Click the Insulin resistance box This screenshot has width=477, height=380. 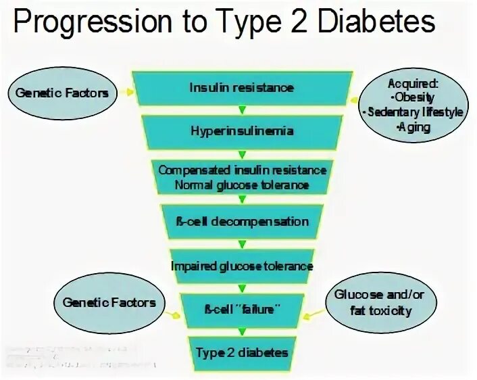pos(242,88)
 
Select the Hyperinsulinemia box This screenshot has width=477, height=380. pos(242,130)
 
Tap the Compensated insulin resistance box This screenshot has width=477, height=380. pos(242,177)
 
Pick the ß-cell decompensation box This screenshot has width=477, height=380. pos(242,222)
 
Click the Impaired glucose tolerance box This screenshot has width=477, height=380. pos(242,266)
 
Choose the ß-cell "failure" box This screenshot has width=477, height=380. pos(242,309)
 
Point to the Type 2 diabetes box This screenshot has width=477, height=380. pos(242,352)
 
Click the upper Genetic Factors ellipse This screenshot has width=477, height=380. pos(62,93)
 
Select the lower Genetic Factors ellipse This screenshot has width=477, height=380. pos(109,303)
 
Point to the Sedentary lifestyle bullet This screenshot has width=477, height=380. pos(413,112)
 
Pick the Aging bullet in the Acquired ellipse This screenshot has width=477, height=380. pos(413,126)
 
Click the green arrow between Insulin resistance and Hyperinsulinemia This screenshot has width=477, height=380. pos(242,109)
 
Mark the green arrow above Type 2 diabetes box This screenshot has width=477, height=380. pos(242,331)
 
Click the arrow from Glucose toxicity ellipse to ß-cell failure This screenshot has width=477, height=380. pos(312,314)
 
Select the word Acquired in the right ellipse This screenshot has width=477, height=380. pos(413,84)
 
